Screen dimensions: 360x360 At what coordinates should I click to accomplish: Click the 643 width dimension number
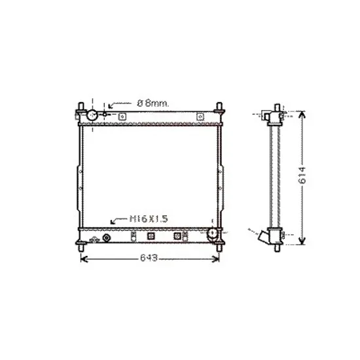coord(149,258)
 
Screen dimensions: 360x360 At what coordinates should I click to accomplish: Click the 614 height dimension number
coord(302,175)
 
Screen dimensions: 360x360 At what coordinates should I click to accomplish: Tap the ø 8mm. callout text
coord(153,103)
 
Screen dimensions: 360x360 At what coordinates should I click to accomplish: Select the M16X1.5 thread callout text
coord(149,219)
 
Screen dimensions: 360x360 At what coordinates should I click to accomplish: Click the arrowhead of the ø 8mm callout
coord(111,106)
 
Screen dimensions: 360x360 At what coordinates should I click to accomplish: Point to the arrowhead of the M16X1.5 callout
coord(113,222)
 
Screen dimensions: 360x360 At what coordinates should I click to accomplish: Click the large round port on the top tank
coord(92,115)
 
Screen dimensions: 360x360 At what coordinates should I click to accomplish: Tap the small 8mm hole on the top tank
coord(105,114)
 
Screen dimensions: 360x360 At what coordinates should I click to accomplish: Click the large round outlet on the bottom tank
coord(212,233)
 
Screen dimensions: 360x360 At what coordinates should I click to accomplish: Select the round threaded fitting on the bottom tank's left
coord(106,238)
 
